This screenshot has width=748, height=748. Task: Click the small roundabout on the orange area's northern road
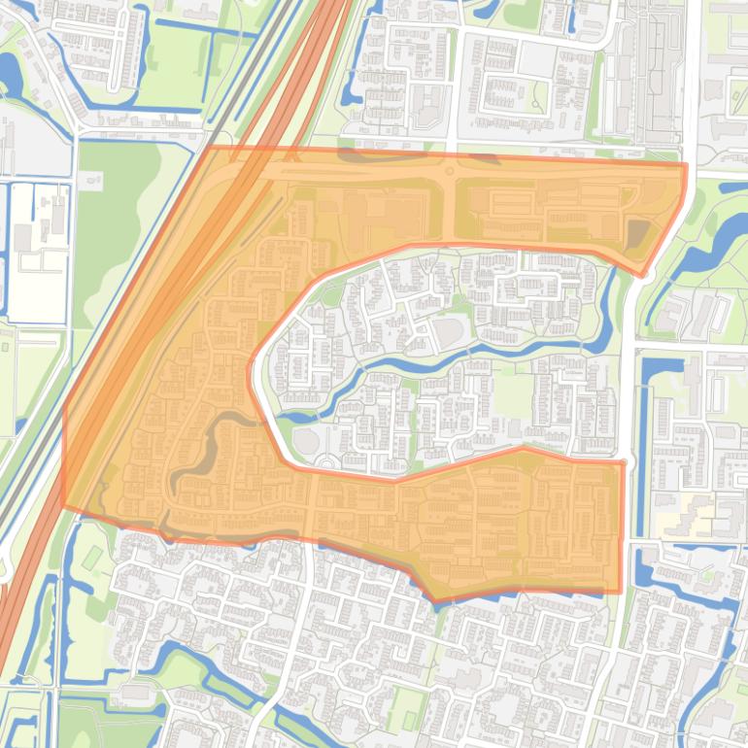(450, 172)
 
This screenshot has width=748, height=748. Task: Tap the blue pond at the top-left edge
(10, 74)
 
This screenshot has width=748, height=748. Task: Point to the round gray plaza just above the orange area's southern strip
(306, 443)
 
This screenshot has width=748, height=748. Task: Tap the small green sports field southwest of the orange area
(92, 559)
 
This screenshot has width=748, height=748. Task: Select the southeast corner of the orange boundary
(620, 591)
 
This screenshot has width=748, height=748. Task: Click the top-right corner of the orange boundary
(686, 165)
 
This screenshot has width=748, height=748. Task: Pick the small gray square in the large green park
(93, 180)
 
